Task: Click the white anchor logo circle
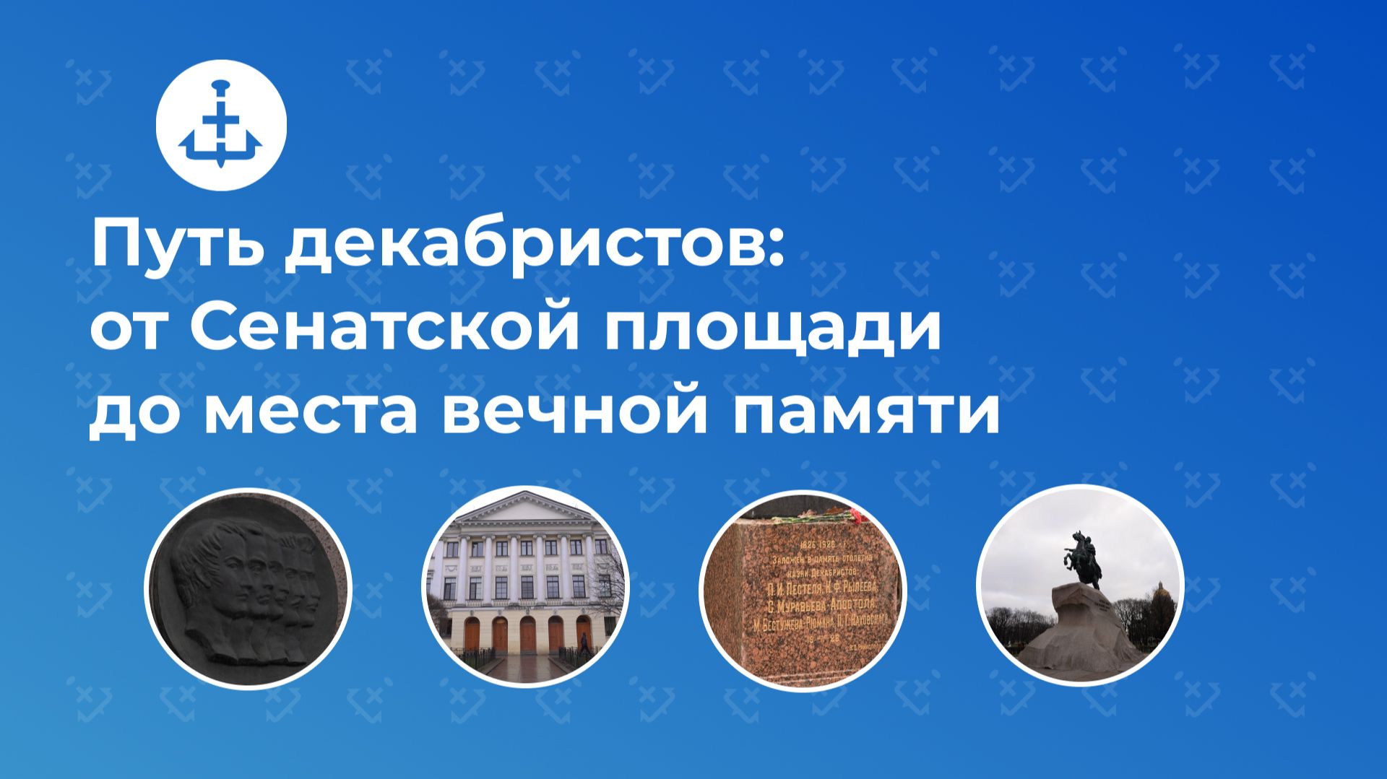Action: click(221, 125)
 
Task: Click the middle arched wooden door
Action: click(527, 634)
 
